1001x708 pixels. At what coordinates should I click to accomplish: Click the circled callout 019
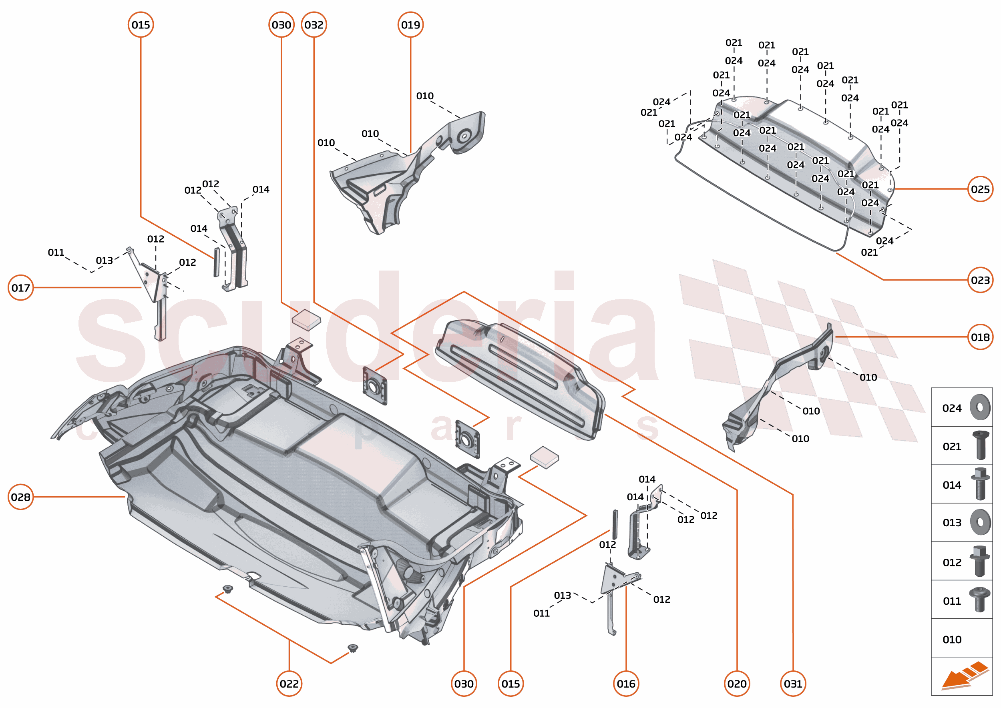coord(410,25)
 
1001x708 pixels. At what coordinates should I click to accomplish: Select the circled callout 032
coord(314,25)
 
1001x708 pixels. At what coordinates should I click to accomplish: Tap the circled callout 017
coord(20,288)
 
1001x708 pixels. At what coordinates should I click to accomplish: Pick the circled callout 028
coord(20,497)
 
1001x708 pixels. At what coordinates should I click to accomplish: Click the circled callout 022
coord(289,684)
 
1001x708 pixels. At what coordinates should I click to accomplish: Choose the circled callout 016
coord(626,684)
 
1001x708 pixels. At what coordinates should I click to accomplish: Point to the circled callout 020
coord(737,684)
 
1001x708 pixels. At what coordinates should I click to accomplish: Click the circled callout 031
coord(793,684)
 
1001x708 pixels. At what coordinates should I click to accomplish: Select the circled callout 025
coord(980,189)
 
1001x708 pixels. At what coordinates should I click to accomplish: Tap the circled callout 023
coord(980,280)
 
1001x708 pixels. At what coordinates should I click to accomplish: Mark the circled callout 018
coord(980,337)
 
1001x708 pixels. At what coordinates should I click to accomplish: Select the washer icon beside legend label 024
coord(980,407)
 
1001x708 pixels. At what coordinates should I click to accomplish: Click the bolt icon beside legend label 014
coord(980,484)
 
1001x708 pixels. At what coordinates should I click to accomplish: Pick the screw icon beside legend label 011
coord(980,600)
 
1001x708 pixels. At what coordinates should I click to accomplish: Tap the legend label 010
coord(952,640)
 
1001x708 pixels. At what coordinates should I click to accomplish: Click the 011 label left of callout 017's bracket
coord(56,253)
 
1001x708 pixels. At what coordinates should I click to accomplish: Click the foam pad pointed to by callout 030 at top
coord(306,320)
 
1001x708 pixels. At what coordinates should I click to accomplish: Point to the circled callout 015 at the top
coord(141,25)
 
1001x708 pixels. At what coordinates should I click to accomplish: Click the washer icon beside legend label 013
coord(980,522)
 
